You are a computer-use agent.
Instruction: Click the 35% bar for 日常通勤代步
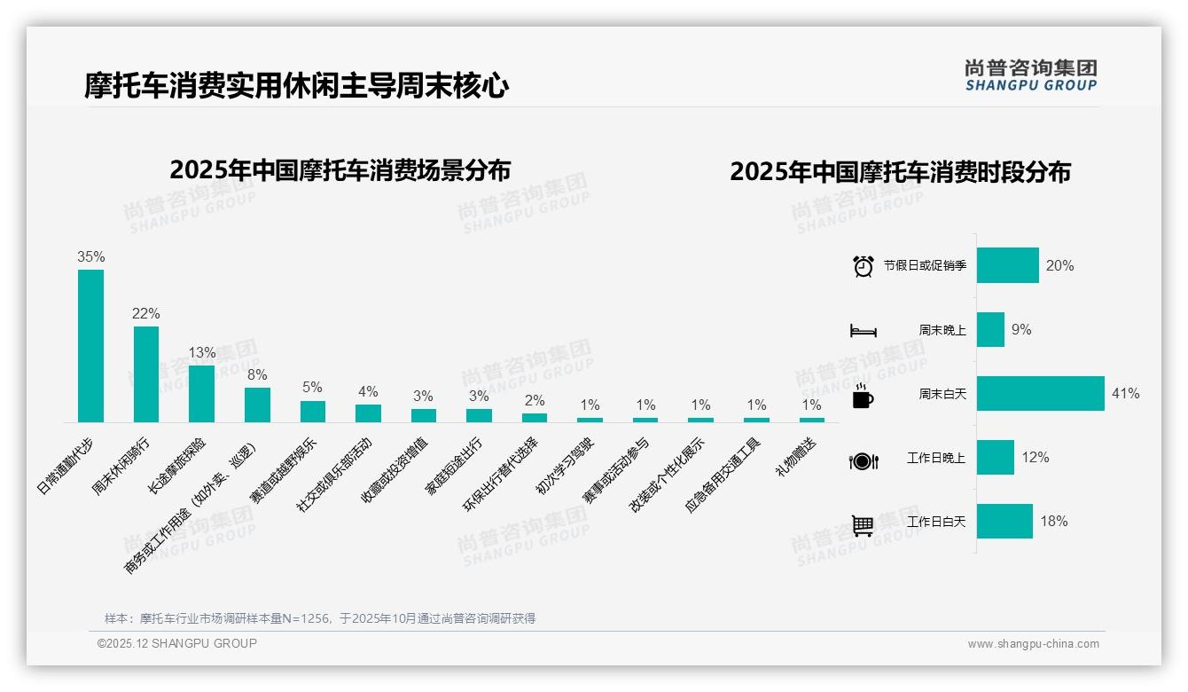pyautogui.click(x=90, y=346)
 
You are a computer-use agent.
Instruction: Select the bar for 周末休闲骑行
pyautogui.click(x=146, y=374)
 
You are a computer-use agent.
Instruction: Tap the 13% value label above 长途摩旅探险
pyautogui.click(x=201, y=352)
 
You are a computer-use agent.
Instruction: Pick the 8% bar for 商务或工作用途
pyautogui.click(x=257, y=405)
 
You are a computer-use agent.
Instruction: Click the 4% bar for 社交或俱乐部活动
pyautogui.click(x=368, y=413)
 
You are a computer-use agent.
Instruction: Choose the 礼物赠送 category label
pyautogui.click(x=795, y=458)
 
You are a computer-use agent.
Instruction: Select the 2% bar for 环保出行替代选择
pyautogui.click(x=535, y=418)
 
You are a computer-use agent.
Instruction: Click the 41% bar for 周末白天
pyautogui.click(x=1040, y=394)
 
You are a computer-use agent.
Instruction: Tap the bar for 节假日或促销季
pyautogui.click(x=1007, y=265)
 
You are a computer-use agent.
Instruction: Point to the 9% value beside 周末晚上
pyautogui.click(x=1021, y=329)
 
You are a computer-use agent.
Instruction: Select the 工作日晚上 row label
pyautogui.click(x=935, y=458)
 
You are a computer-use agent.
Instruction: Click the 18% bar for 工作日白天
pyautogui.click(x=1004, y=522)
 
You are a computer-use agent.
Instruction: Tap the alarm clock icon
pyautogui.click(x=863, y=266)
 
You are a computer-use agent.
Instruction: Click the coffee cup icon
pyautogui.click(x=863, y=396)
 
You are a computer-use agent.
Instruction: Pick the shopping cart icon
pyautogui.click(x=863, y=525)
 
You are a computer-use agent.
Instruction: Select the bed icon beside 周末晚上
pyautogui.click(x=863, y=331)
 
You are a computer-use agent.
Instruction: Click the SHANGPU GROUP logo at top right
pyautogui.click(x=1030, y=75)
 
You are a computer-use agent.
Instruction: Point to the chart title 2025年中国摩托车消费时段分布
pyautogui.click(x=900, y=171)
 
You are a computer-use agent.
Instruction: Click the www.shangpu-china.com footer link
pyautogui.click(x=1033, y=644)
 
